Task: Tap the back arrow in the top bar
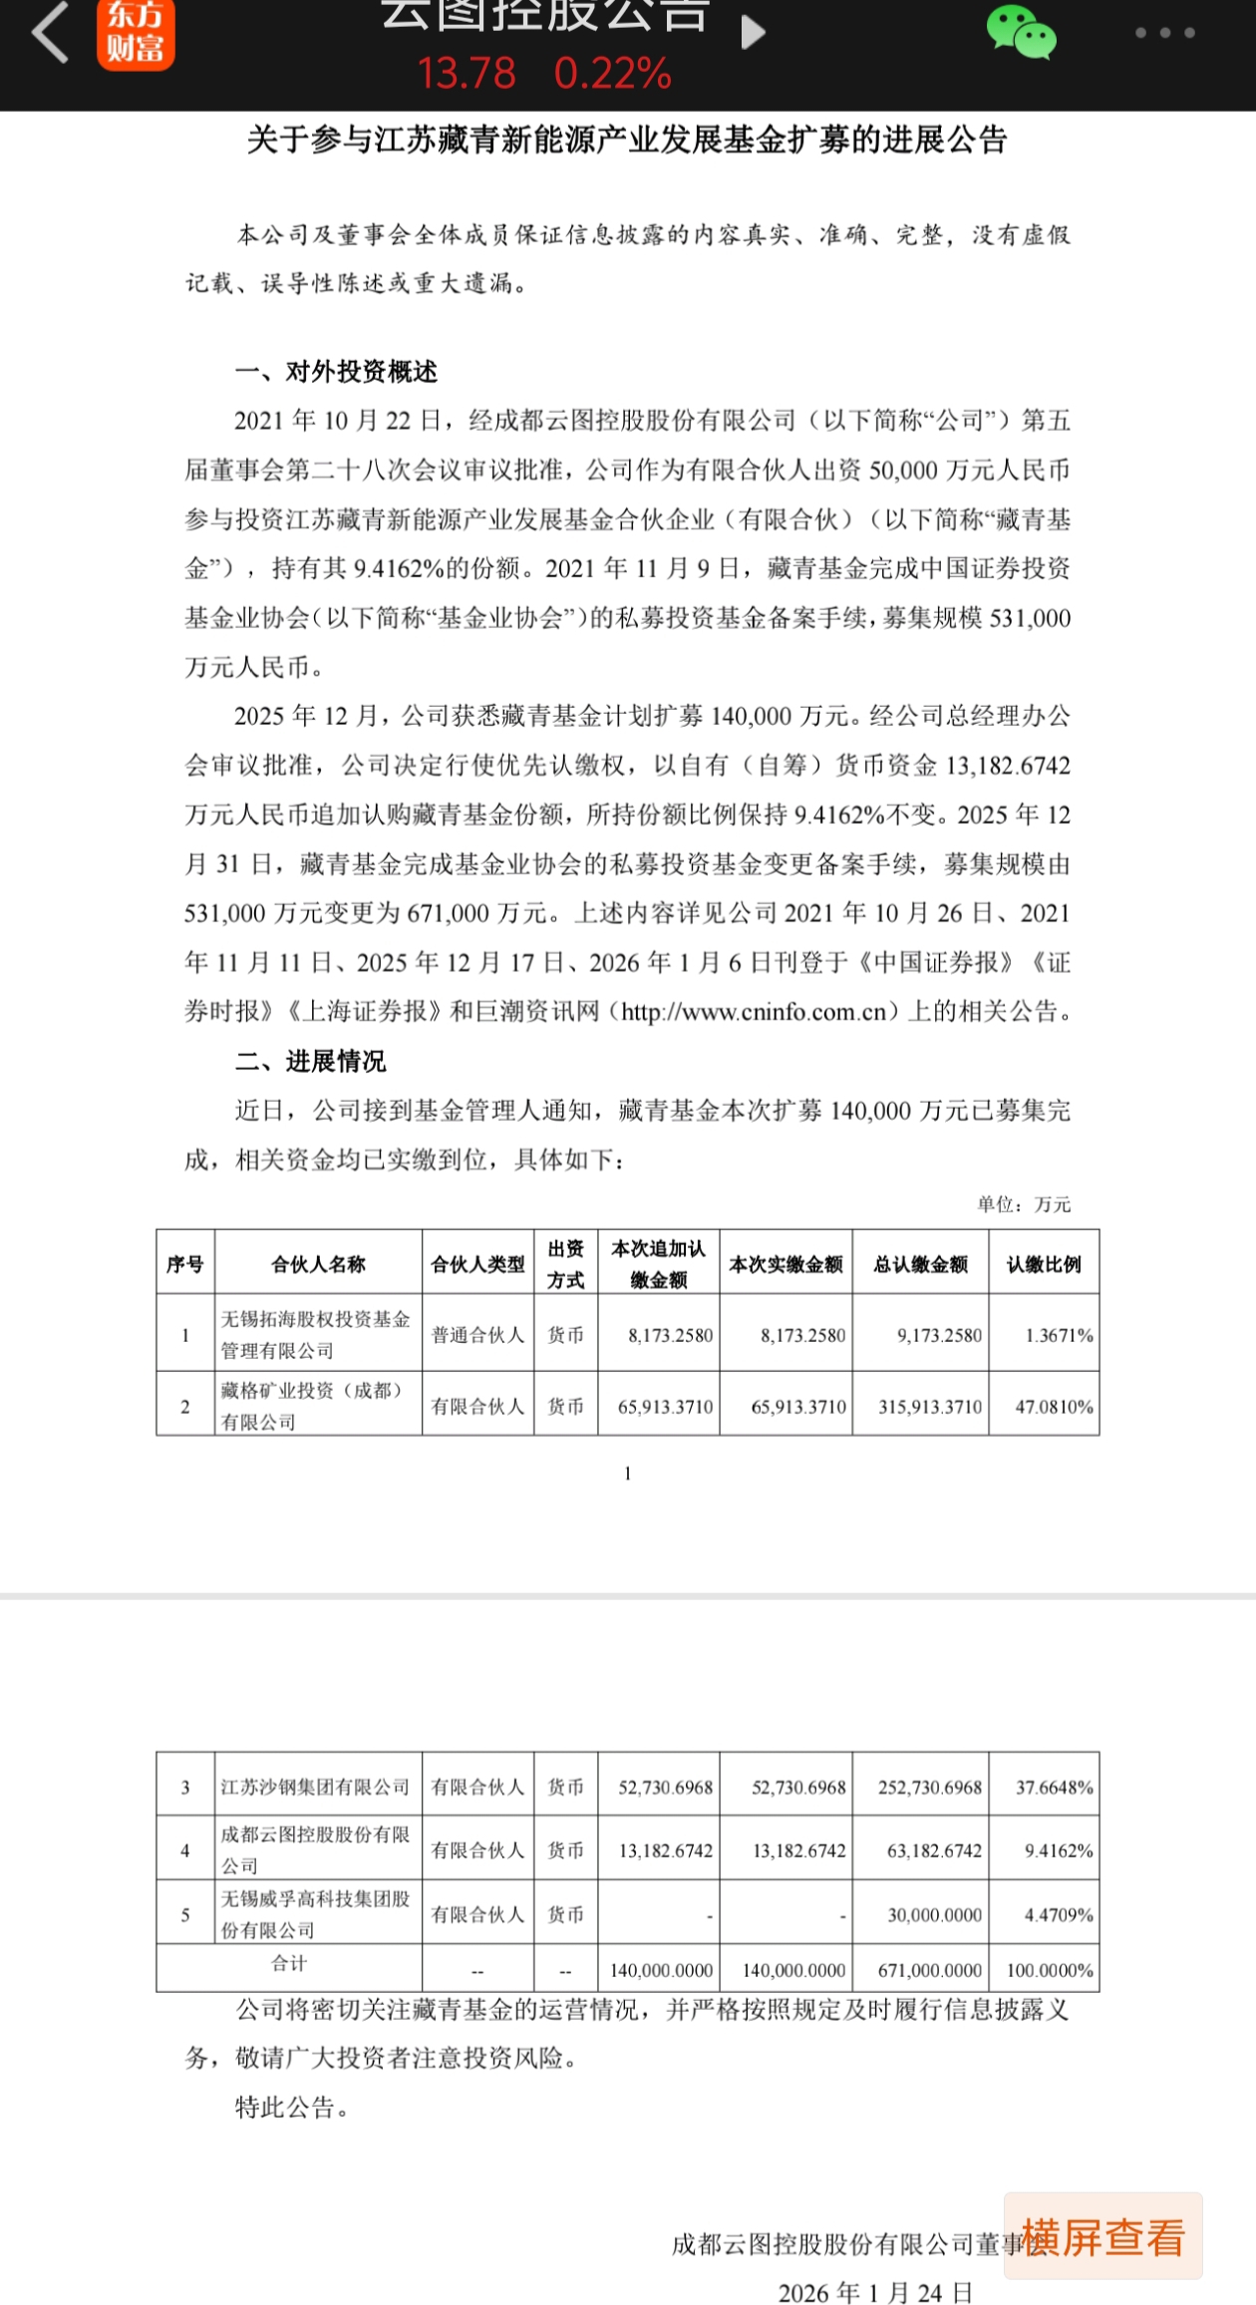pyautogui.click(x=50, y=32)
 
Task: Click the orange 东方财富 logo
pyautogui.click(x=136, y=35)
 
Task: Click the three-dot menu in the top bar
pyautogui.click(x=1164, y=33)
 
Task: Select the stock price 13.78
pyautogui.click(x=467, y=74)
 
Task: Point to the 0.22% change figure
pyautogui.click(x=613, y=74)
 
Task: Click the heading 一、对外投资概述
pyautogui.click(x=336, y=372)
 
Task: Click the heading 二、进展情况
pyautogui.click(x=310, y=1061)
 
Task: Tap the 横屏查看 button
pyautogui.click(x=1103, y=2238)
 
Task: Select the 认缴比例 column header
pyautogui.click(x=1044, y=1264)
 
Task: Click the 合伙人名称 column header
pyautogui.click(x=318, y=1264)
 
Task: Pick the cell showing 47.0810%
pyautogui.click(x=1054, y=1407)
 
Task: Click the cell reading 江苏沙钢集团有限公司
pyautogui.click(x=315, y=1787)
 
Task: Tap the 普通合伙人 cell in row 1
pyautogui.click(x=477, y=1335)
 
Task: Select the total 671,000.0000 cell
pyautogui.click(x=929, y=1970)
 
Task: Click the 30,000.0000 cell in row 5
pyautogui.click(x=934, y=1914)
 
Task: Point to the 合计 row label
pyautogui.click(x=289, y=1963)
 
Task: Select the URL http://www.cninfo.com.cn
pyautogui.click(x=754, y=1012)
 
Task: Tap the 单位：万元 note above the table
pyautogui.click(x=1024, y=1204)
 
